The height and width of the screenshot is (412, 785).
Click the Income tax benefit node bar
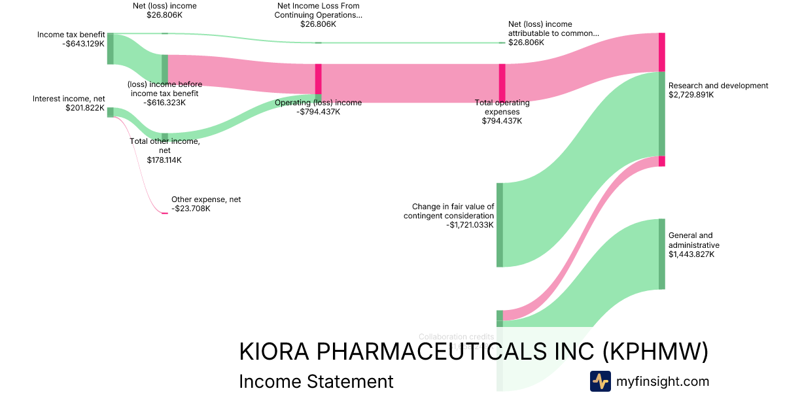[x=111, y=48]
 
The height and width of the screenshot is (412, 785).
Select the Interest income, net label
[x=69, y=99]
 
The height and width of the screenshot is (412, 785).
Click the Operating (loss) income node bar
[x=319, y=83]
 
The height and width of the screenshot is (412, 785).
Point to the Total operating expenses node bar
[x=502, y=83]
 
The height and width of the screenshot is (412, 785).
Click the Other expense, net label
[x=206, y=199]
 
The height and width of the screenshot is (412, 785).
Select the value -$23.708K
[x=191, y=209]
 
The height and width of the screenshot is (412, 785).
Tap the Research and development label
[x=718, y=86]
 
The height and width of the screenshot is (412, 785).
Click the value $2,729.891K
[x=691, y=95]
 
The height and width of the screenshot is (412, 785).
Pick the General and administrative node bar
[x=662, y=254]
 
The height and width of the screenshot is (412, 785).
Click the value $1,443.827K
[x=691, y=254]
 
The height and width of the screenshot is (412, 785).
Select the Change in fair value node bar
[x=500, y=225]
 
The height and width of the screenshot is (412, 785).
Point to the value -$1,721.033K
[x=470, y=225]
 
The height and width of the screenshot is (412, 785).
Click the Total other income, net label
[x=165, y=146]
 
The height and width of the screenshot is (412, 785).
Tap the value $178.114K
[x=165, y=160]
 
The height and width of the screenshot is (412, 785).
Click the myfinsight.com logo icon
[x=600, y=381]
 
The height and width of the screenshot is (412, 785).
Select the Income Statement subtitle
[x=316, y=381]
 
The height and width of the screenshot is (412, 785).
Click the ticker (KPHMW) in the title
[x=655, y=351]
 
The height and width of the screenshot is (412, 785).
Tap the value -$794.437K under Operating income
[x=319, y=112]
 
